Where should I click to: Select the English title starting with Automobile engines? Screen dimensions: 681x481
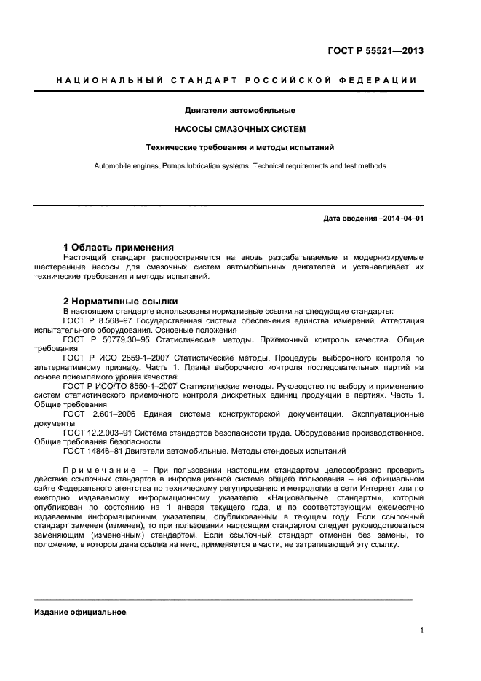click(239, 166)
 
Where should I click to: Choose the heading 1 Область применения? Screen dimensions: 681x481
click(118, 247)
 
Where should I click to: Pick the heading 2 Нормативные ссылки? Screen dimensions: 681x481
click(120, 301)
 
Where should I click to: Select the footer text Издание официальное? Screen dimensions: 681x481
click(80, 612)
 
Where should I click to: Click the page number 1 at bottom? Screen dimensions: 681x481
click(421, 631)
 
